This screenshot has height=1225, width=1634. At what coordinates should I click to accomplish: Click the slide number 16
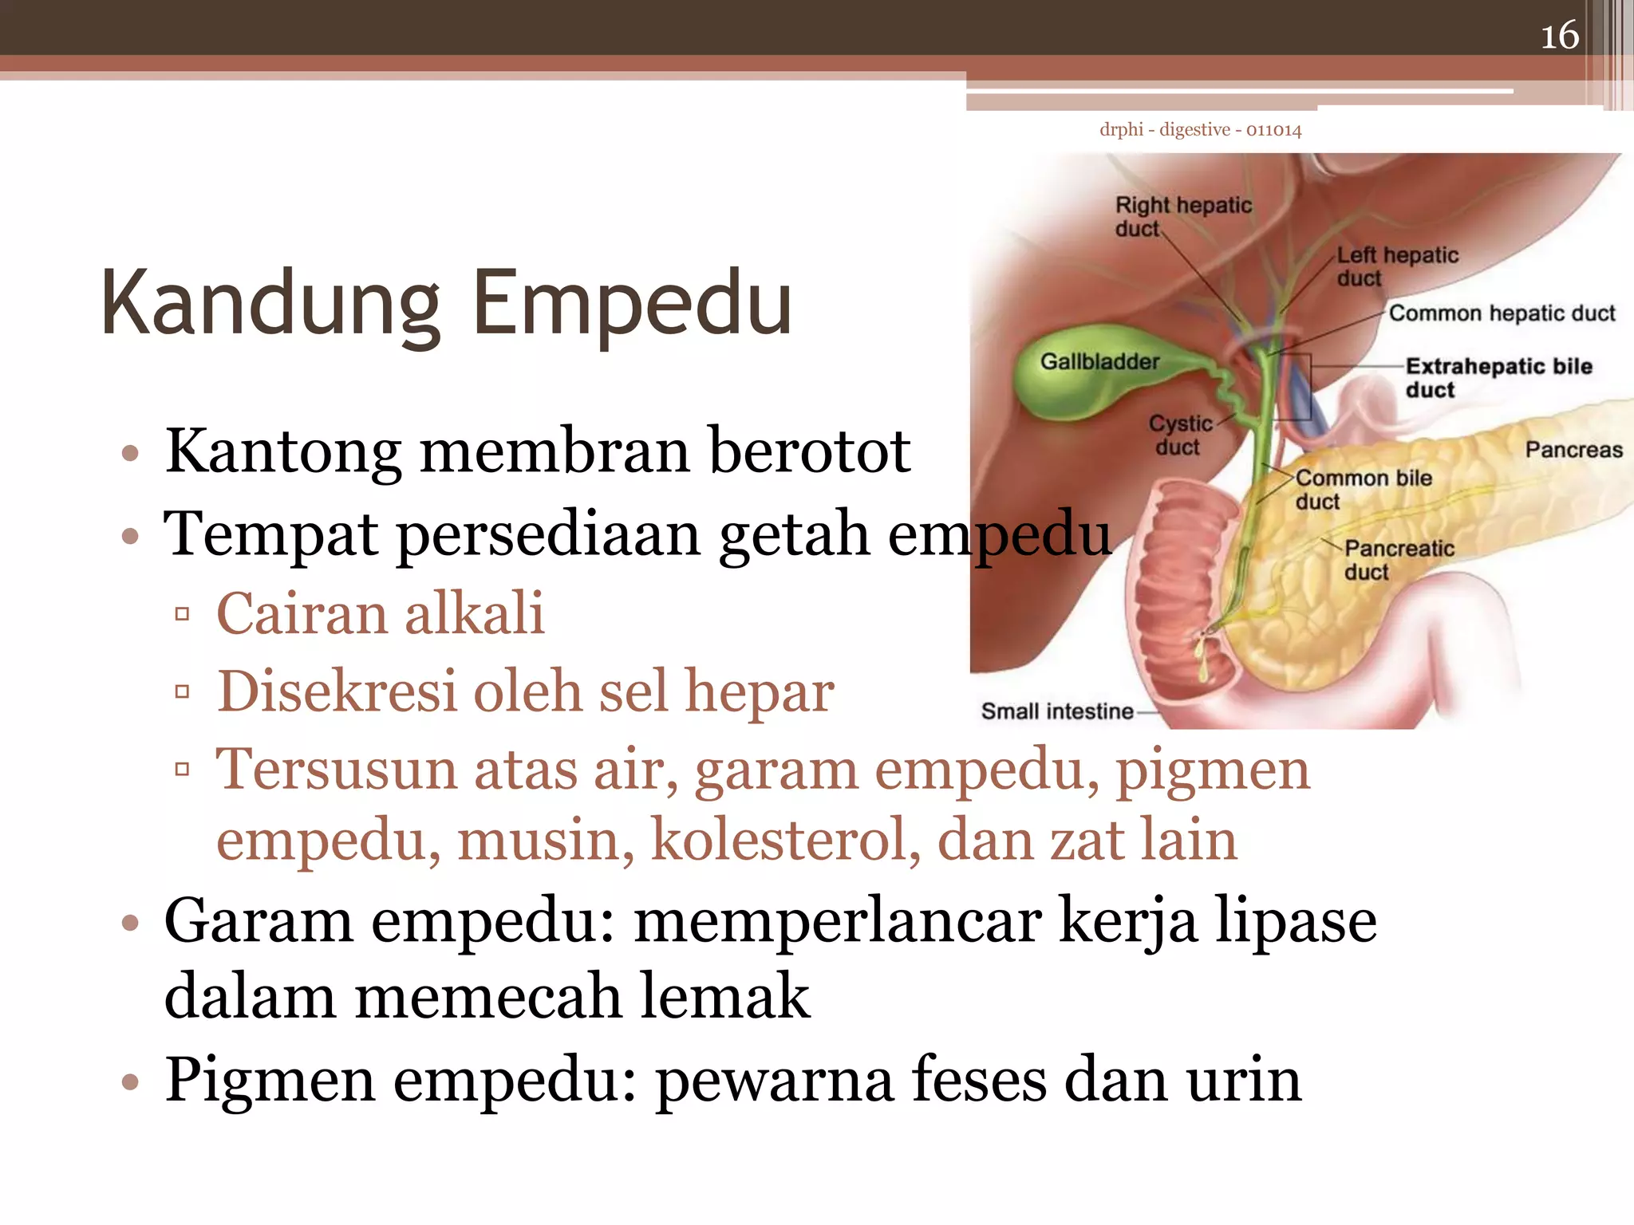tap(1559, 36)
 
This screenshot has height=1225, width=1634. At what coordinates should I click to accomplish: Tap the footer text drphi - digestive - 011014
tap(1200, 130)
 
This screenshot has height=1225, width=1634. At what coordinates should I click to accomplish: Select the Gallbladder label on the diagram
tap(1099, 362)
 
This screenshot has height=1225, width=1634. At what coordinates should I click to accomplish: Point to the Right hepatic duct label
tap(1182, 216)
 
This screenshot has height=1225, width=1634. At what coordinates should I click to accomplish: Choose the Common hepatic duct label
tap(1502, 313)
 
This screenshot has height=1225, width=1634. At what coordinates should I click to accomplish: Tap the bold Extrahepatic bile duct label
tap(1498, 377)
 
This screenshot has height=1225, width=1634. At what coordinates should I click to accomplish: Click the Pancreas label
tap(1573, 450)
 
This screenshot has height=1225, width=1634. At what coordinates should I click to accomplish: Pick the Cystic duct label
tap(1180, 435)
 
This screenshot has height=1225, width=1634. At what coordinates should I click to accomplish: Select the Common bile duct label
tap(1363, 489)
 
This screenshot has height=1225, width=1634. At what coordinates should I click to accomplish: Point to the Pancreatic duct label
tap(1399, 560)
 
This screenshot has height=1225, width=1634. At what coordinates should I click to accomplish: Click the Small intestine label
tap(1056, 711)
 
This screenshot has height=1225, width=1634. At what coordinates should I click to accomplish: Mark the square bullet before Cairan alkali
tap(183, 614)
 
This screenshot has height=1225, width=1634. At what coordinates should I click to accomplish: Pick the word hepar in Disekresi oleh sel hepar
tap(759, 692)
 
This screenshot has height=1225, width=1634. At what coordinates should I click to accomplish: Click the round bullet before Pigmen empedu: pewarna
tap(130, 1083)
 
